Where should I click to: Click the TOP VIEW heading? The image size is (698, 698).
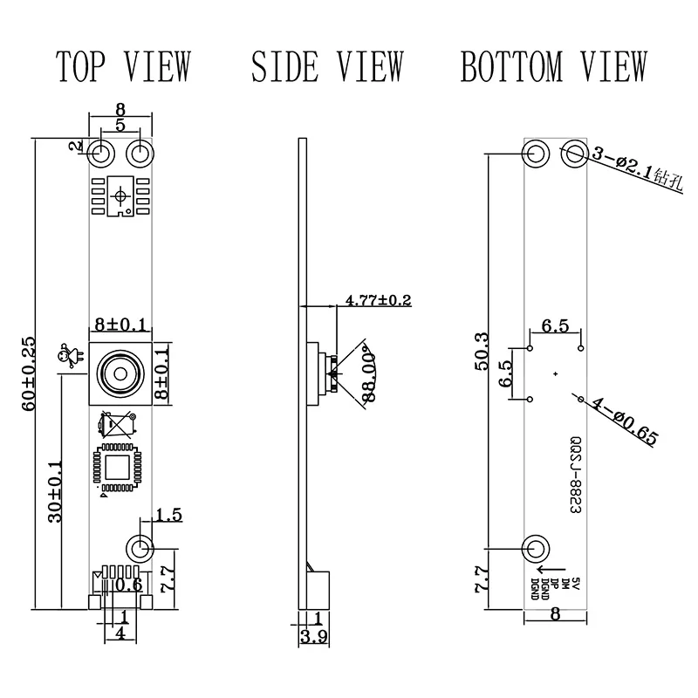[123, 66]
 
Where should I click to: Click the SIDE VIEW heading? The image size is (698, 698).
[327, 66]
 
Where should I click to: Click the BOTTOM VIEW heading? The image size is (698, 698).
[554, 66]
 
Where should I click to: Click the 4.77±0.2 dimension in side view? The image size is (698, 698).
[378, 300]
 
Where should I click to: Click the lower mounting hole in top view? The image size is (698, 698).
[140, 548]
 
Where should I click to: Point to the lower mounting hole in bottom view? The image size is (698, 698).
[536, 549]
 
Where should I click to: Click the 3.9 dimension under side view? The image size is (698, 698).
[311, 637]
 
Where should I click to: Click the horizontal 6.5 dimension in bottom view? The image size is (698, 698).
[555, 327]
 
